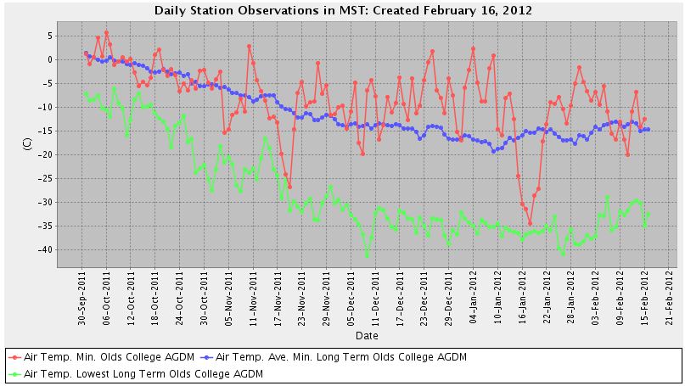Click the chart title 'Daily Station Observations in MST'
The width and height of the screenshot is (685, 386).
point(343,11)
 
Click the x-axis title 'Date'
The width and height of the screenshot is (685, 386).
point(367,336)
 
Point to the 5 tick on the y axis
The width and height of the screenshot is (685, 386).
point(50,36)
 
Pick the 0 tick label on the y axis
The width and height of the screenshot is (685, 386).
point(50,59)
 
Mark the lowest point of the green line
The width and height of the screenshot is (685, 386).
point(367,255)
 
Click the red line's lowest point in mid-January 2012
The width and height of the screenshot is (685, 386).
point(530,224)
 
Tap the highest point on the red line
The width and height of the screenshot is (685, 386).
point(106,33)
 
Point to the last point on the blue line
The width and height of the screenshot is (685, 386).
point(649,129)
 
